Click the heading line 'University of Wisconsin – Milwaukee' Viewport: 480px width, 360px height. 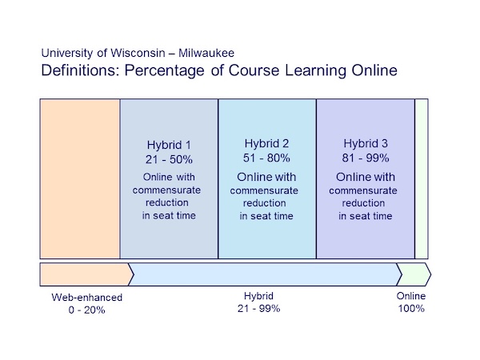pos(138,54)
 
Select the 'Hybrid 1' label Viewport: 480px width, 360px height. pos(169,146)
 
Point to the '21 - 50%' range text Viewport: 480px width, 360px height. pos(169,159)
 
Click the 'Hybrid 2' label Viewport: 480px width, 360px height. pos(267,144)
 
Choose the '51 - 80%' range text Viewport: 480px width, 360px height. pos(267,158)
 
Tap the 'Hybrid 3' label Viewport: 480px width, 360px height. pos(366,144)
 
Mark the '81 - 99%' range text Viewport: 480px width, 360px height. pos(366,158)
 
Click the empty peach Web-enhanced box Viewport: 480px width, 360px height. pos(80,178)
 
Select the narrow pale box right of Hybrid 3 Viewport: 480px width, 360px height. pos(422,178)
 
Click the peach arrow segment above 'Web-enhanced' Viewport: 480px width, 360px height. pos(84,274)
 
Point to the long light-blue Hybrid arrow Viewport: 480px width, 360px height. pos(264,274)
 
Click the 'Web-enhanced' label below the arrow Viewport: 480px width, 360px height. pos(87,298)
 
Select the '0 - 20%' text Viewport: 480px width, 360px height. pos(87,310)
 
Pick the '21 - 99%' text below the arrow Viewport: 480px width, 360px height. pos(258,308)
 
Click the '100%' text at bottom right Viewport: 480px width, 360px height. pos(411,308)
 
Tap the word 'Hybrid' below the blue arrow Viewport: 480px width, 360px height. pos(258,296)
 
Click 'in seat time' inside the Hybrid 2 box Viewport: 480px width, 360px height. pos(267,216)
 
